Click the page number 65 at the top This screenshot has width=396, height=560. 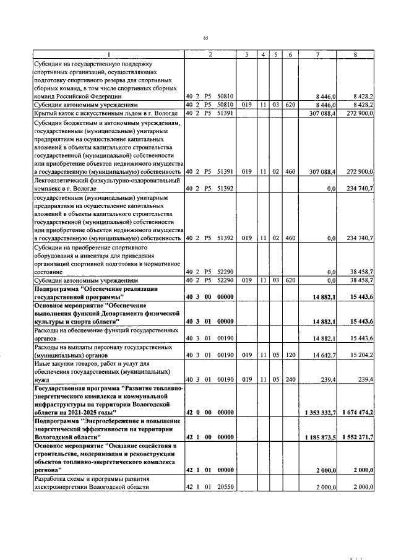point(206,38)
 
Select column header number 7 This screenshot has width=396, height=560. point(317,54)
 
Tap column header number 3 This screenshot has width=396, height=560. point(246,54)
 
